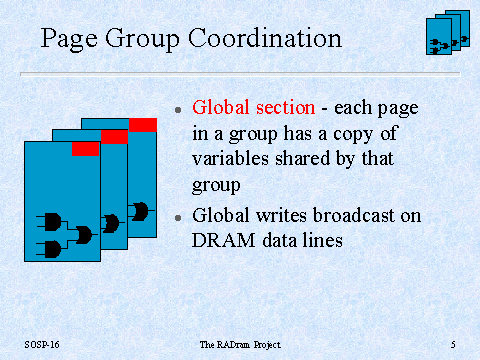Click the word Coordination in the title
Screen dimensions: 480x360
point(265,38)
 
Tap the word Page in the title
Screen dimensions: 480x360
point(69,40)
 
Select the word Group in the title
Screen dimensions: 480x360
point(142,40)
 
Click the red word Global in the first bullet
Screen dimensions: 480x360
point(221,107)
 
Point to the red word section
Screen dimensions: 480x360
point(285,108)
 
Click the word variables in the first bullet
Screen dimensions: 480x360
point(230,158)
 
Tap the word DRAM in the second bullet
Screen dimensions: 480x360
point(223,240)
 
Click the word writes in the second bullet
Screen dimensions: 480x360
point(281,215)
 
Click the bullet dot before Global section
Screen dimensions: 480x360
point(178,109)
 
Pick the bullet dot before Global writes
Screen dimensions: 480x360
point(178,218)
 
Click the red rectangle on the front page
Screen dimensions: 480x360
point(86,149)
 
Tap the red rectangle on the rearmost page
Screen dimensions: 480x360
point(143,125)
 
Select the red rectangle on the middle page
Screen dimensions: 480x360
point(114,137)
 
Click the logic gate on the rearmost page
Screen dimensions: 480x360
point(140,211)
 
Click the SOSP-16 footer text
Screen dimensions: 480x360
point(42,344)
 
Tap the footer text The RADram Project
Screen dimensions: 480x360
point(240,345)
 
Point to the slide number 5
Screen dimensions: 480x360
point(453,345)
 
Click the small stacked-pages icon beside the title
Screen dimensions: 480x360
point(448,32)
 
